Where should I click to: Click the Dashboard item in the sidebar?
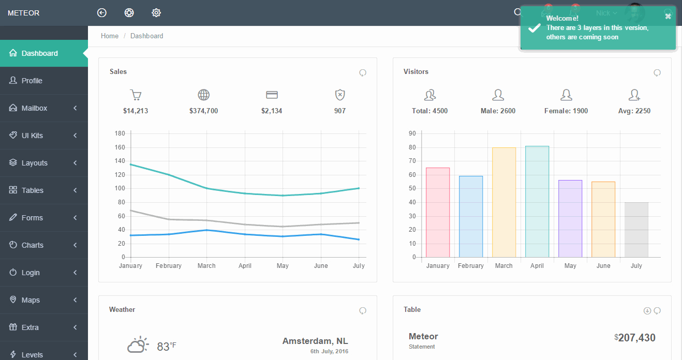(x=39, y=53)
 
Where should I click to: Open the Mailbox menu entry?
(x=34, y=108)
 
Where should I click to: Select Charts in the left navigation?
(x=32, y=245)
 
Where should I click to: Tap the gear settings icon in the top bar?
(x=156, y=13)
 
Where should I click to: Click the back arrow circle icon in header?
(x=102, y=13)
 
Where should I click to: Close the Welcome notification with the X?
(x=668, y=16)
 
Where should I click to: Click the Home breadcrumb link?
(x=110, y=36)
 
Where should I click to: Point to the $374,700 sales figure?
(x=203, y=111)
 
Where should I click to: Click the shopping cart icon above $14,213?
(x=136, y=95)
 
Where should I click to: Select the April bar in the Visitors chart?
(x=537, y=202)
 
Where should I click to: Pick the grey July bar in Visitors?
(x=636, y=230)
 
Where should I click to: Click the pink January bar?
(x=438, y=212)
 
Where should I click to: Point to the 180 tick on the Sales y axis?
(x=120, y=133)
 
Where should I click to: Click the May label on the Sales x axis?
(x=283, y=266)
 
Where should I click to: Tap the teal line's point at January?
(x=131, y=164)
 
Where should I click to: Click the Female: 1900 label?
(x=566, y=111)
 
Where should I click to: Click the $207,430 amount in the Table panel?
(x=636, y=338)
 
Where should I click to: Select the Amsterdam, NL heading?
(x=315, y=341)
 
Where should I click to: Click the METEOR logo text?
(x=24, y=13)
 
